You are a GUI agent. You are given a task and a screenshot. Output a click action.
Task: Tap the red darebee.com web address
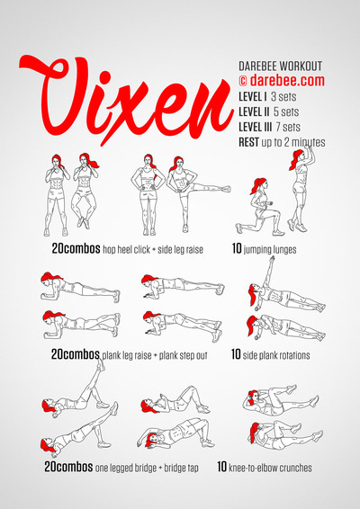click(287, 81)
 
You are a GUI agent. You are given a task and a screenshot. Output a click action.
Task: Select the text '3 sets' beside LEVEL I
click(283, 97)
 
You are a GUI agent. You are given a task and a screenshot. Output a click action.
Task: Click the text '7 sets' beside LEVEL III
click(288, 127)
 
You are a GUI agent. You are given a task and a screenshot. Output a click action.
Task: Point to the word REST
click(249, 142)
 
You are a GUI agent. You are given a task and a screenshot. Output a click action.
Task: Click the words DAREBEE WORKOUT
click(281, 67)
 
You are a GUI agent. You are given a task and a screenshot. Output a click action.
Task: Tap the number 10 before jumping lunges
click(237, 249)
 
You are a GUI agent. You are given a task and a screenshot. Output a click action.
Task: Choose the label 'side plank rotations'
click(276, 355)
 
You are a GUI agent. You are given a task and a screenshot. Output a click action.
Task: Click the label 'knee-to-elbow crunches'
click(270, 468)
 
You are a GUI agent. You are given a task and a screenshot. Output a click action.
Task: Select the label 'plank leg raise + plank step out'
click(155, 355)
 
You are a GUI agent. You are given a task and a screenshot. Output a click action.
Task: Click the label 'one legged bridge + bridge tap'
click(147, 468)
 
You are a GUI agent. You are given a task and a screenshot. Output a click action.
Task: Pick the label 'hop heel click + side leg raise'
click(153, 250)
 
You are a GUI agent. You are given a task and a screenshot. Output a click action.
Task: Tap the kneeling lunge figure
click(259, 207)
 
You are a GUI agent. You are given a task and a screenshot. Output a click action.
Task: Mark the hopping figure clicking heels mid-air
click(85, 191)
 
